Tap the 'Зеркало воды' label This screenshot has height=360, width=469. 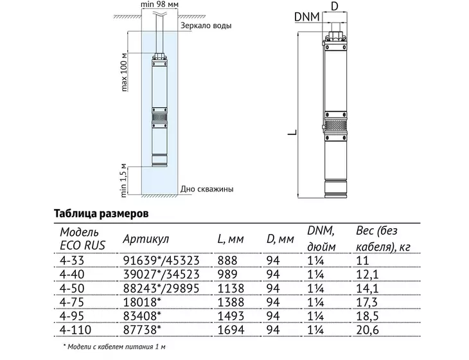point(206,26)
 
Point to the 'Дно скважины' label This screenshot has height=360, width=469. point(207,189)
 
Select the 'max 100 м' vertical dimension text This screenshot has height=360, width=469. point(125,72)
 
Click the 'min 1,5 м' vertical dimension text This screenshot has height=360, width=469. point(124,181)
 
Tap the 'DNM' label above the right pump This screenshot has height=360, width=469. point(307,17)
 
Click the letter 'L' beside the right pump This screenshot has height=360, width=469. point(292,132)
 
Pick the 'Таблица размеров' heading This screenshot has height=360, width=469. point(101,213)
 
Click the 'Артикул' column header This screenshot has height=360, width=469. point(146,239)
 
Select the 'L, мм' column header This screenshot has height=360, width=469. point(231,239)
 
